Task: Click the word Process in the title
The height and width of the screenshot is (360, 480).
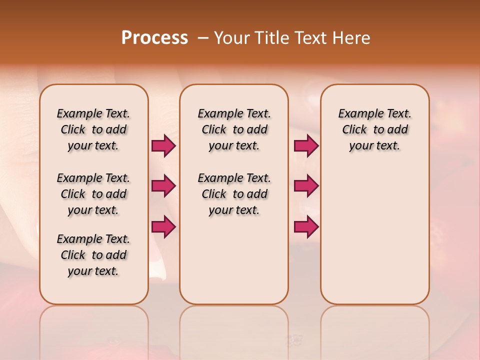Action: [x=154, y=37]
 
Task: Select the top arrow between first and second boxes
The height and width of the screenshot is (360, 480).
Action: [x=163, y=146]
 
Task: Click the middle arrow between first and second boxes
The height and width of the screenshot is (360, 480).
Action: [x=163, y=186]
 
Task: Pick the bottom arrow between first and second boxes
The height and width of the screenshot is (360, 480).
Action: [x=163, y=226]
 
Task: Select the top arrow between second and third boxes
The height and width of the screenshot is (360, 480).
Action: [x=306, y=146]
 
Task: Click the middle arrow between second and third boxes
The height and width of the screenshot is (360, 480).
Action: [x=306, y=186]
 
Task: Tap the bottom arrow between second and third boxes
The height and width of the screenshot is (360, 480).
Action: [x=306, y=226]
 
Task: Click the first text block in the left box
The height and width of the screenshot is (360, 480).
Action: [x=93, y=129]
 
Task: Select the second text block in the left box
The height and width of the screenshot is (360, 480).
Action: [x=93, y=194]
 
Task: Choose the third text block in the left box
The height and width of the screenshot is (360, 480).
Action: [x=93, y=255]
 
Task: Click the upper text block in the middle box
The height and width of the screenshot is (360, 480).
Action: [x=234, y=129]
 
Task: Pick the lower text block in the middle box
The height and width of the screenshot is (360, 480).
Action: [x=234, y=194]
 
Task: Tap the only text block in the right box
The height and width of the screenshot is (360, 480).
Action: [x=374, y=129]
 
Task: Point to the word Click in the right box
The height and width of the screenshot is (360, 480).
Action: [x=354, y=129]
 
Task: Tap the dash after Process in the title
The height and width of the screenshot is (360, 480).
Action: [x=202, y=37]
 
